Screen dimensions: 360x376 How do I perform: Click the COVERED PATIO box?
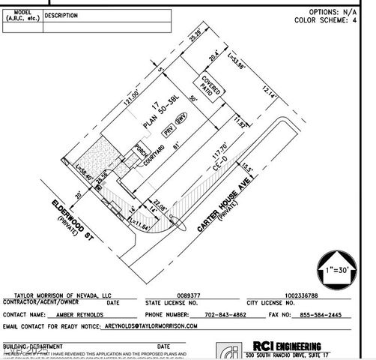(x=210, y=88)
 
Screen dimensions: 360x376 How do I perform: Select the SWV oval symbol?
(x=181, y=119)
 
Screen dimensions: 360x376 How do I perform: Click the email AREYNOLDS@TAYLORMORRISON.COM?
(x=150, y=326)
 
